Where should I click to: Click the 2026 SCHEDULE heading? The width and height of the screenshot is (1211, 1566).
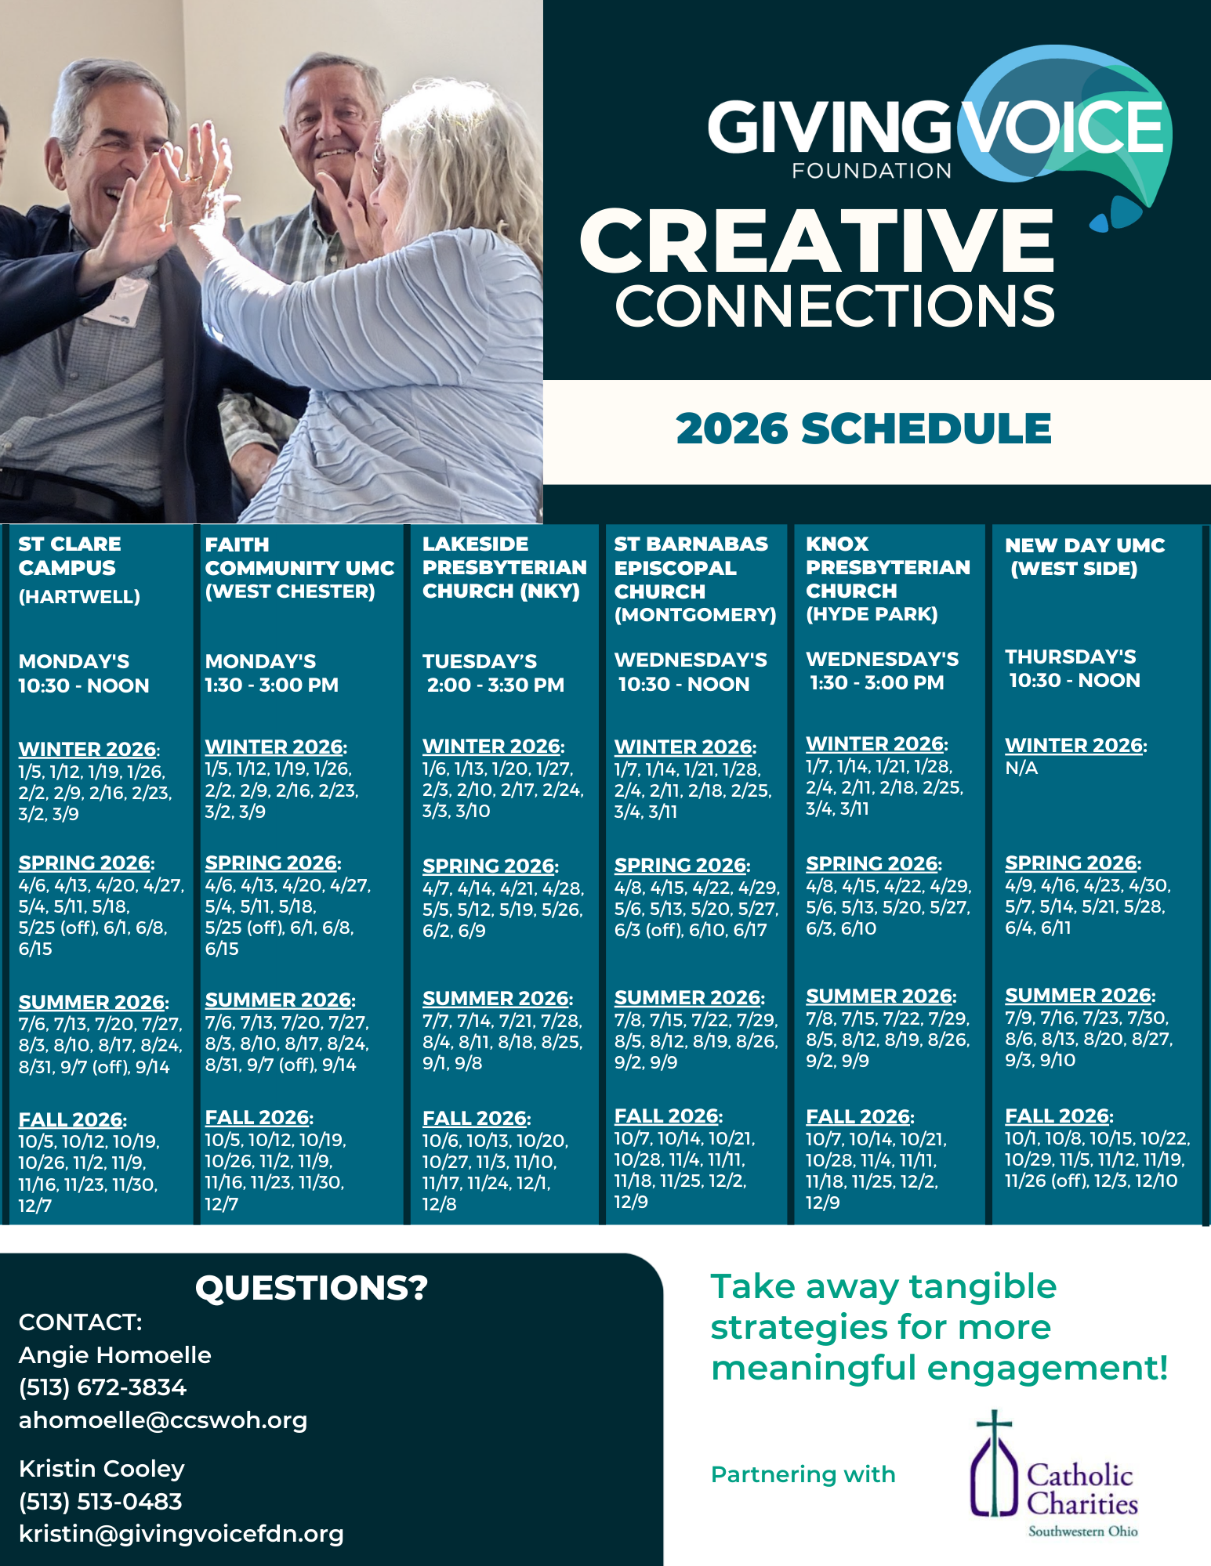(x=863, y=429)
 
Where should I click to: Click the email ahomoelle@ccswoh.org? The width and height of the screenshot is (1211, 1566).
(x=163, y=1420)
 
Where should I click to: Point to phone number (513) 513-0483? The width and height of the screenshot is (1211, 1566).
(x=100, y=1501)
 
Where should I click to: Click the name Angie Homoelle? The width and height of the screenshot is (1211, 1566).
(x=115, y=1355)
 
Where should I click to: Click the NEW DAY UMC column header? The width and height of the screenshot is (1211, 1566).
(x=1084, y=556)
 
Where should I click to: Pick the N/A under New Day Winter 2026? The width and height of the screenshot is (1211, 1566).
(x=1021, y=769)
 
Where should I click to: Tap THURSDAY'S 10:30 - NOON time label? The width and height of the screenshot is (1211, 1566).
(x=1072, y=668)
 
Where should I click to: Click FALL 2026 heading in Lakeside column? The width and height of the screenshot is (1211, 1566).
(x=475, y=1118)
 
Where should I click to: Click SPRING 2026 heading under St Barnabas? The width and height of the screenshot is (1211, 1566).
(x=680, y=865)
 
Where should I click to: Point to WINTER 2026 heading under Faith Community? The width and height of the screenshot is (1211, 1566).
(x=274, y=747)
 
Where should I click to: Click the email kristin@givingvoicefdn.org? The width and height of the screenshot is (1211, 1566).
(x=181, y=1534)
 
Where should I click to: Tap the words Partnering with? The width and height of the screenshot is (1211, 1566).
(x=803, y=1474)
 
